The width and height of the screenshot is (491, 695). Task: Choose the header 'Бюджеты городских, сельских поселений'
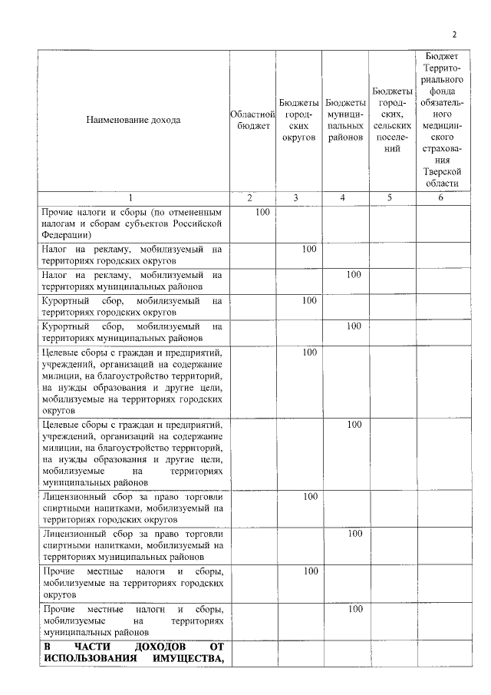click(392, 121)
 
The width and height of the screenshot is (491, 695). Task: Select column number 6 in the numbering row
click(440, 198)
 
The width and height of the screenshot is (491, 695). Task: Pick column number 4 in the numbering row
click(345, 198)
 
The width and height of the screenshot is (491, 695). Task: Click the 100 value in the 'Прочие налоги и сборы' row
click(262, 211)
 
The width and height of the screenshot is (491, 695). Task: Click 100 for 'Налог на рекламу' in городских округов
click(309, 249)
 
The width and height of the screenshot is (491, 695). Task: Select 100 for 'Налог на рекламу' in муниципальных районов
click(354, 274)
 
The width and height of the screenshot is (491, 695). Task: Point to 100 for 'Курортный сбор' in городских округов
click(309, 300)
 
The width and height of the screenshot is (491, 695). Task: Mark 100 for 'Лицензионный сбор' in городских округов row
click(309, 496)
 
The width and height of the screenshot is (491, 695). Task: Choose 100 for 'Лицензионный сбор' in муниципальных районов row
click(354, 533)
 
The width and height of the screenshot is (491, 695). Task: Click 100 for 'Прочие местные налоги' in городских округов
click(309, 571)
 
